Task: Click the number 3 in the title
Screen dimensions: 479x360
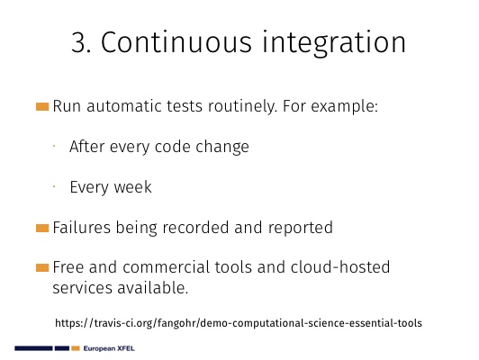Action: (x=81, y=42)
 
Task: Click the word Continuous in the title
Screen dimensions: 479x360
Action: (x=176, y=42)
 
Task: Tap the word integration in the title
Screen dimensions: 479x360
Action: (x=334, y=44)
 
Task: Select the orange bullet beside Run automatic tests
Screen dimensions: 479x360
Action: (x=42, y=106)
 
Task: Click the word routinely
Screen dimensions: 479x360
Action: (x=242, y=106)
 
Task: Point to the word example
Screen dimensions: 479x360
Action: (x=344, y=107)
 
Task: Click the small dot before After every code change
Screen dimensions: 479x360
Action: (x=54, y=147)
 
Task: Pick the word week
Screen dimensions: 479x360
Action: (x=132, y=187)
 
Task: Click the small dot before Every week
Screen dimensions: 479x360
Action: (x=54, y=186)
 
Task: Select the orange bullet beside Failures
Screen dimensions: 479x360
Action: (x=42, y=228)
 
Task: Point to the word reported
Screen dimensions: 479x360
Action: (x=301, y=228)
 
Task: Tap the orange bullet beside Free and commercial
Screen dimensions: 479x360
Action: (x=42, y=268)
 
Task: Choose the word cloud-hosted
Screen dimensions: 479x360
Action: (x=340, y=267)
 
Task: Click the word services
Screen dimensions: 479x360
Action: (x=83, y=288)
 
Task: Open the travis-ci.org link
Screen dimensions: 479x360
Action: (x=239, y=323)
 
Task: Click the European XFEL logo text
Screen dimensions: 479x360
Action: (x=109, y=348)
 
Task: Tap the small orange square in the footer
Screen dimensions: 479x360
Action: (x=76, y=348)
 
